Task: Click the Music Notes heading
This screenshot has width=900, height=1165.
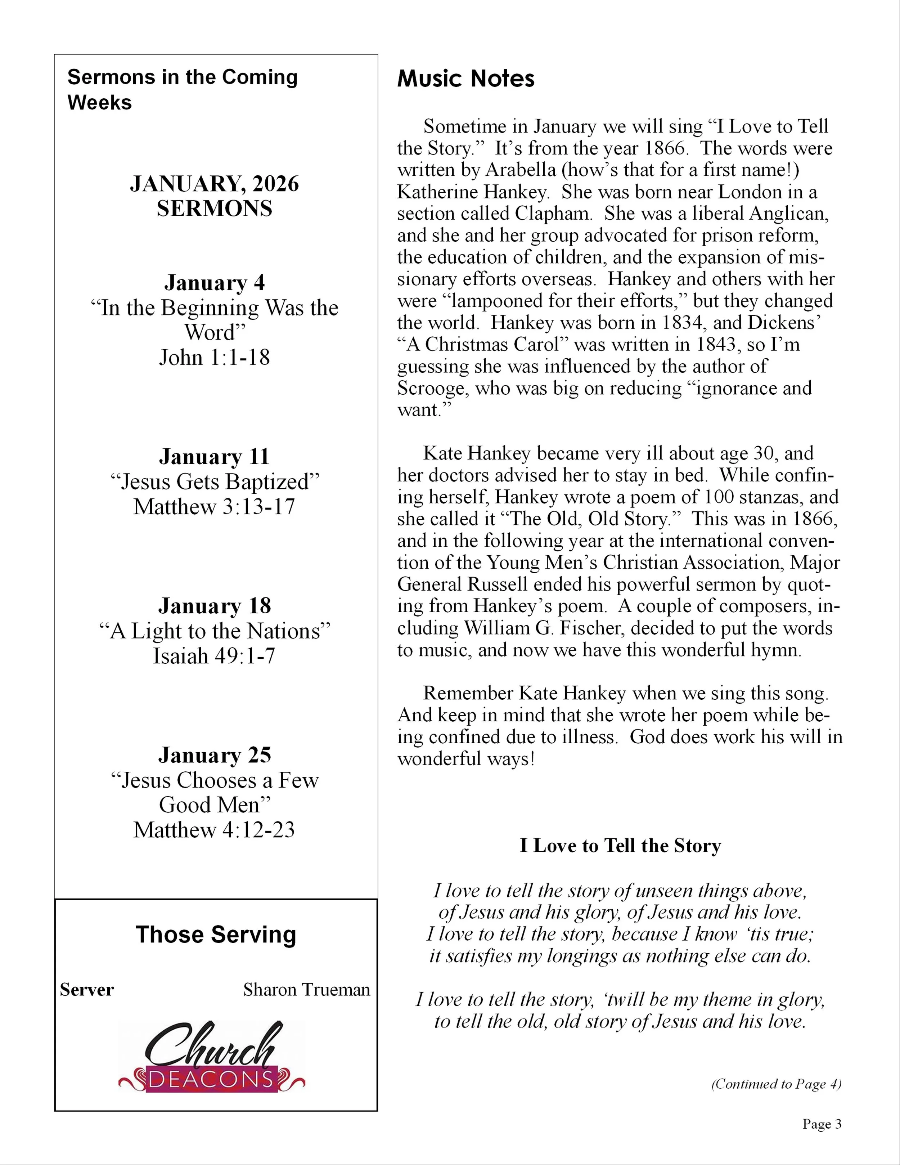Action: click(x=465, y=79)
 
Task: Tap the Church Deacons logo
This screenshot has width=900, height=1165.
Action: click(x=212, y=1057)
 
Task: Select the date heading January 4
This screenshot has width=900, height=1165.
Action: click(x=214, y=282)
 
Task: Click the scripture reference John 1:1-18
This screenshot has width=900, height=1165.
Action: click(x=214, y=357)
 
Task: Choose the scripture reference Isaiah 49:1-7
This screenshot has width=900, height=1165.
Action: click(x=214, y=655)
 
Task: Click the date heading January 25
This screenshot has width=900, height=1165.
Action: click(x=214, y=755)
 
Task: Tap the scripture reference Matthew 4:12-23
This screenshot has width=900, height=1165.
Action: click(x=214, y=829)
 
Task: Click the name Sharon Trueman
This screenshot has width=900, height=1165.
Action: click(x=307, y=990)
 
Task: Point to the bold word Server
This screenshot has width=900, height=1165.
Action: click(x=87, y=990)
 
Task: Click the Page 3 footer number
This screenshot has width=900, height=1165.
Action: click(x=822, y=1124)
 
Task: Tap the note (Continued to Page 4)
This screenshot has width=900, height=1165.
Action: click(x=776, y=1084)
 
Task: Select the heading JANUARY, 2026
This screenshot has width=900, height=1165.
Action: click(x=214, y=184)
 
